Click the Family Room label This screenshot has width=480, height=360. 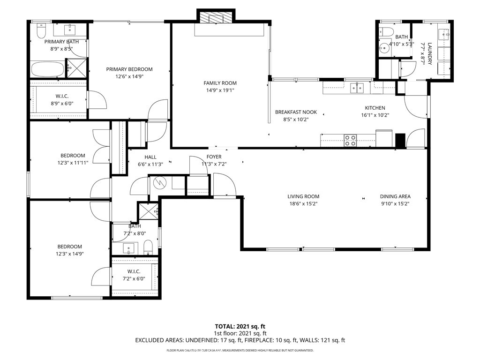(220, 83)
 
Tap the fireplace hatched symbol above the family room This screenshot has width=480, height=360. (216, 17)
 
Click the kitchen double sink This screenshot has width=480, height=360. (357, 88)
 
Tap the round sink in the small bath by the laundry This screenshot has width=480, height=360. (383, 48)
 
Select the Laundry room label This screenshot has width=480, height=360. (430, 53)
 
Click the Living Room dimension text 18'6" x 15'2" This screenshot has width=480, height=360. (303, 204)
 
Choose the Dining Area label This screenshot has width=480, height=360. (395, 196)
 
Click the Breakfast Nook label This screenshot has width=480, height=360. (296, 112)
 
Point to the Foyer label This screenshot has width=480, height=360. (214, 157)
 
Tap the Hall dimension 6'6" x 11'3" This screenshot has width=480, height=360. (150, 165)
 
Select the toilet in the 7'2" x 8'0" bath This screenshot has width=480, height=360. (148, 247)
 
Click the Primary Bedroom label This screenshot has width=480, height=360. (129, 69)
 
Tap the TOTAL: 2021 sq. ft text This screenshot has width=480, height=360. (240, 326)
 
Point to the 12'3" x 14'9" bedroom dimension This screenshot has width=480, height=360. (70, 254)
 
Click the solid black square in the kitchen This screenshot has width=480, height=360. (400, 141)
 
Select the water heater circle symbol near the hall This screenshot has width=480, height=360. (158, 183)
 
